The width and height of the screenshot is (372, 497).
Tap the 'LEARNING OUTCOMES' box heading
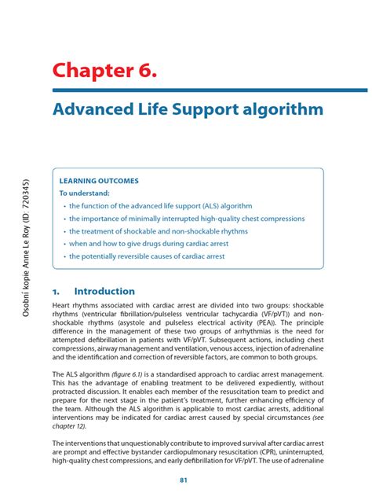click(99, 180)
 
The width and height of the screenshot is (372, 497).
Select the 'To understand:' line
click(85, 193)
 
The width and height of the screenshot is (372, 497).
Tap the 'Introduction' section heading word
click(104, 291)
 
